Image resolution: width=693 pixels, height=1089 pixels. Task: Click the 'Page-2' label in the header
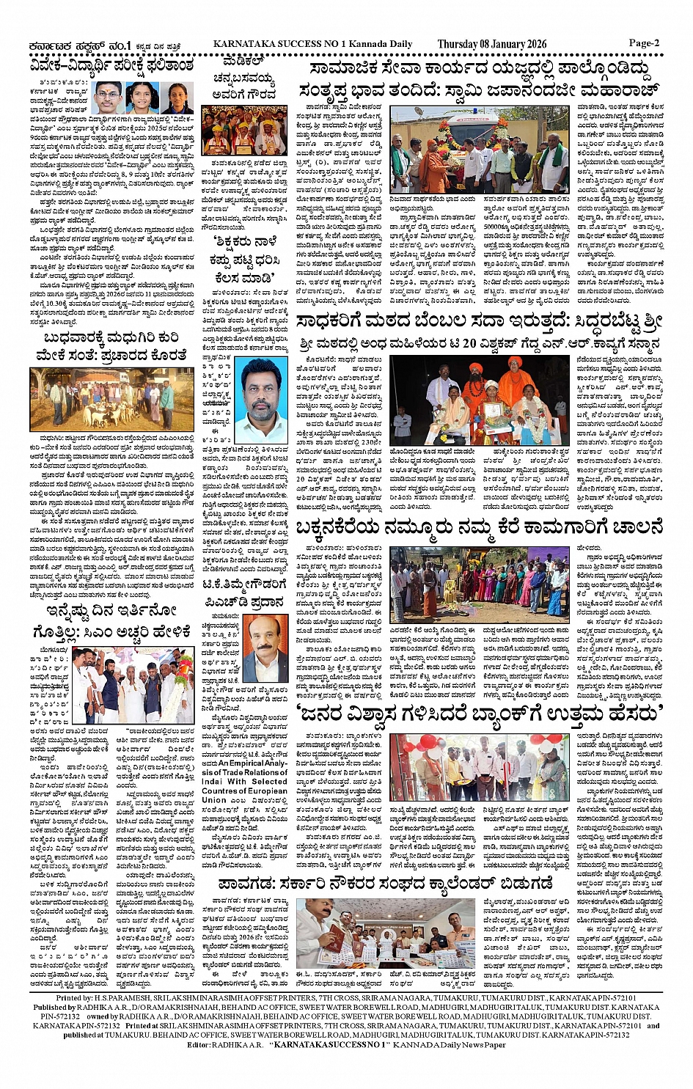point(644,43)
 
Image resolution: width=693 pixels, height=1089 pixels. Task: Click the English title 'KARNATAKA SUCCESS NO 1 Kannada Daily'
point(312,44)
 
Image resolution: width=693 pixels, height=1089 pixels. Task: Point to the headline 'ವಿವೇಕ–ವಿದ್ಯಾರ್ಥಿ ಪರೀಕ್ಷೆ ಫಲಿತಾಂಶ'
point(112,66)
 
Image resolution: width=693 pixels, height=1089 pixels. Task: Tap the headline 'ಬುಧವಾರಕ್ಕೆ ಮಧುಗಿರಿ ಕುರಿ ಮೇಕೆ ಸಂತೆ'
point(112,345)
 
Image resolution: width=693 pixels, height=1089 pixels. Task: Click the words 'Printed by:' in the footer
point(74,998)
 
